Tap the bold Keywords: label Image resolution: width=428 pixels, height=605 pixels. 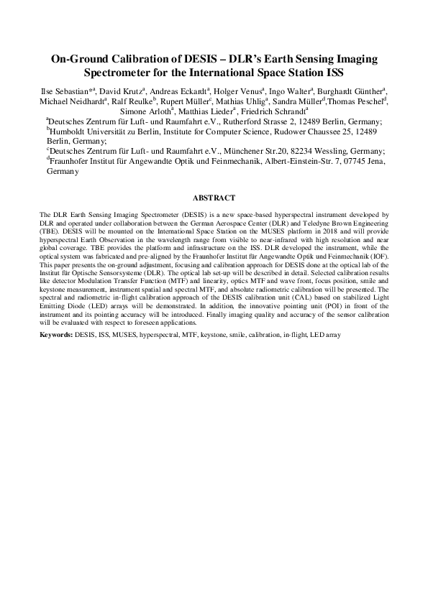60,336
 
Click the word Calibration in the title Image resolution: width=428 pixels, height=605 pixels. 135,59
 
